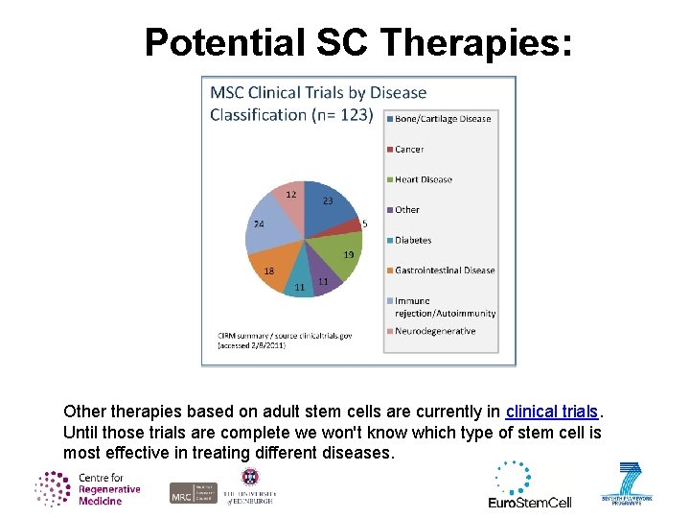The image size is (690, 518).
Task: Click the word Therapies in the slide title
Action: [475, 42]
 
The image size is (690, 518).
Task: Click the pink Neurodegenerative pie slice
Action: [288, 200]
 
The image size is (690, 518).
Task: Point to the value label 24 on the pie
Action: [258, 224]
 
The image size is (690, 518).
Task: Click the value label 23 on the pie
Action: [328, 201]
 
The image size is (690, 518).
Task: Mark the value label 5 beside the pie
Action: [364, 224]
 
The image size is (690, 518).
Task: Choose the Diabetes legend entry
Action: [412, 241]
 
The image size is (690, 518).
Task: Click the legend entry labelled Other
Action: [406, 210]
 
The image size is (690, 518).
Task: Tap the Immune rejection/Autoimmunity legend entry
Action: [444, 307]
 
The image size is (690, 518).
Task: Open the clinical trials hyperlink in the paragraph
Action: [552, 412]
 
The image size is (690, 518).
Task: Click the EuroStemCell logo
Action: [529, 485]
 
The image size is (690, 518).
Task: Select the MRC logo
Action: [194, 492]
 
